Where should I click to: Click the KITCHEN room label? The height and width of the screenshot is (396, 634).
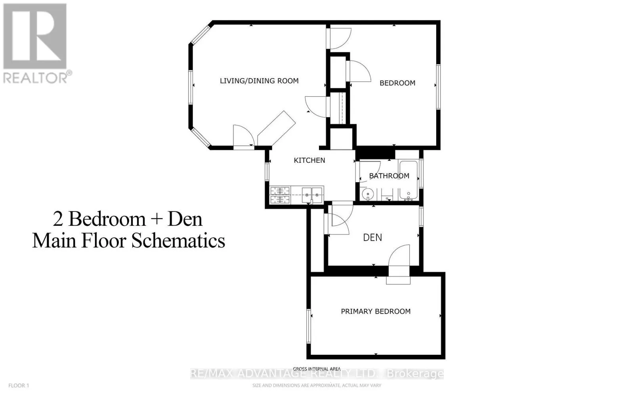pyautogui.click(x=309, y=160)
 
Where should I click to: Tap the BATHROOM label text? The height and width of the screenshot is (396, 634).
pyautogui.click(x=389, y=176)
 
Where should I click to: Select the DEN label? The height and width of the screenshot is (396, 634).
pyautogui.click(x=372, y=238)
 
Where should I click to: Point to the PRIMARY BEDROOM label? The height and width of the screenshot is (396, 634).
pyautogui.click(x=376, y=312)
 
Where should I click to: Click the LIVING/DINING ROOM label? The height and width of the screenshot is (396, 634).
pyautogui.click(x=259, y=81)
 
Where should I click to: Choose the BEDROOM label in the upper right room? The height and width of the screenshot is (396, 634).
pyautogui.click(x=397, y=83)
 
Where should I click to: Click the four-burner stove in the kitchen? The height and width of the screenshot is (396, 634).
pyautogui.click(x=280, y=195)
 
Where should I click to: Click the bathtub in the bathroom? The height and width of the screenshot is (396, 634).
pyautogui.click(x=408, y=180)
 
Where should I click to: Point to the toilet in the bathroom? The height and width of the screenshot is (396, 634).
pyautogui.click(x=388, y=195)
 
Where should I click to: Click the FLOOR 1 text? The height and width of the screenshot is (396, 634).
pyautogui.click(x=19, y=385)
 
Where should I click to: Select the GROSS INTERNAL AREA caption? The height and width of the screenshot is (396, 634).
pyautogui.click(x=317, y=369)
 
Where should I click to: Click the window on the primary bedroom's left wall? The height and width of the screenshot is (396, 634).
pyautogui.click(x=308, y=326)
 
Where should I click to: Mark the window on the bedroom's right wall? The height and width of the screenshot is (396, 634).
pyautogui.click(x=438, y=86)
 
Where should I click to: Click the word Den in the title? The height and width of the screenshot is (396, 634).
pyautogui.click(x=185, y=219)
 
